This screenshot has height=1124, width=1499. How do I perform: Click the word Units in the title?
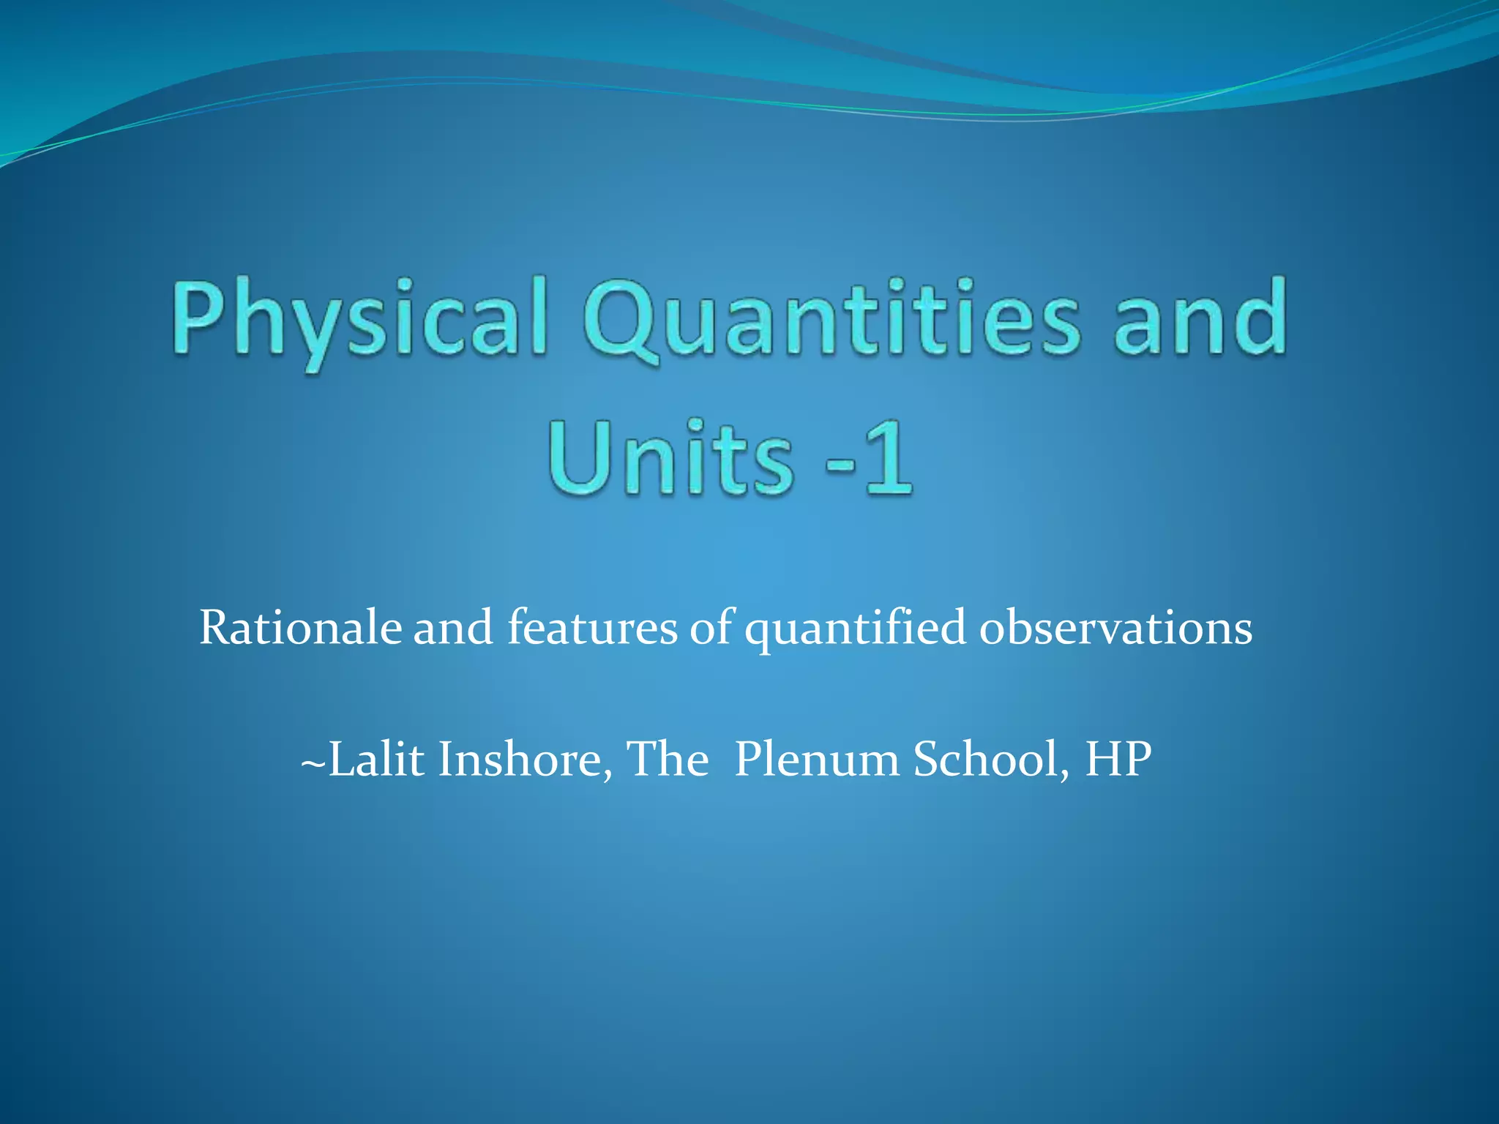670,457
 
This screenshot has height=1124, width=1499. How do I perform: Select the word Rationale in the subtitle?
300,628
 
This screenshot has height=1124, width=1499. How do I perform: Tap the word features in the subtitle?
593,628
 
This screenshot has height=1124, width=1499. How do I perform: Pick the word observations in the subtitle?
1115,628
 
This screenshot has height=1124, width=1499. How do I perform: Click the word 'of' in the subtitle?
711,628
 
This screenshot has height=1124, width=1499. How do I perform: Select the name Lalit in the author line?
376,759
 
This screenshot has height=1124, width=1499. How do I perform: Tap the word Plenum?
817,759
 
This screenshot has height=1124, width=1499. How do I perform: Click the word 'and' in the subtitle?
453,628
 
